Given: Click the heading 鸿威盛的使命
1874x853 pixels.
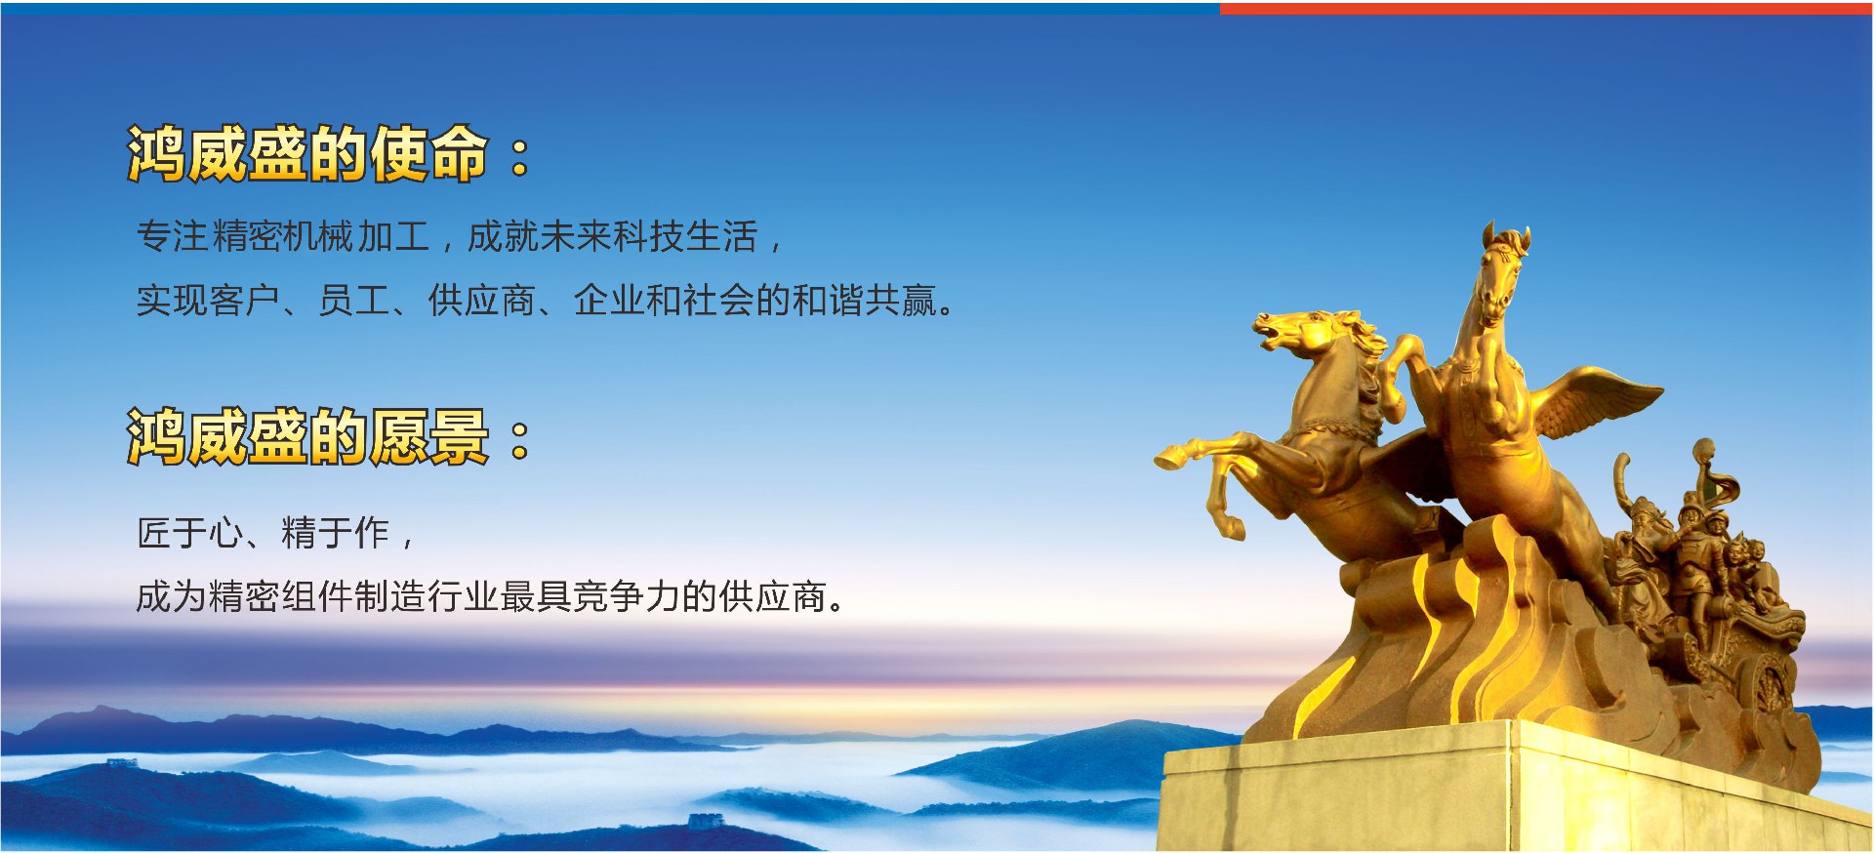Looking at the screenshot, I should tap(306, 154).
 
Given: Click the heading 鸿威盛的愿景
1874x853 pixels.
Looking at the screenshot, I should tap(306, 436).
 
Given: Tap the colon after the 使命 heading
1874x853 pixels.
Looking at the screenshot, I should tap(519, 156).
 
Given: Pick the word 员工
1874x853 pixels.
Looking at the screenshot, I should tap(354, 301).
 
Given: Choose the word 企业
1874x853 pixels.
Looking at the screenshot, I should tap(609, 301).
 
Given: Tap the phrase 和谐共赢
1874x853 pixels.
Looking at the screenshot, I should tap(865, 301).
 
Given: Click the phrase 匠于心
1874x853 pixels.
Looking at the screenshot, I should tap(190, 533).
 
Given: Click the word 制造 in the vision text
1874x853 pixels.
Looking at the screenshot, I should tap(389, 596).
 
